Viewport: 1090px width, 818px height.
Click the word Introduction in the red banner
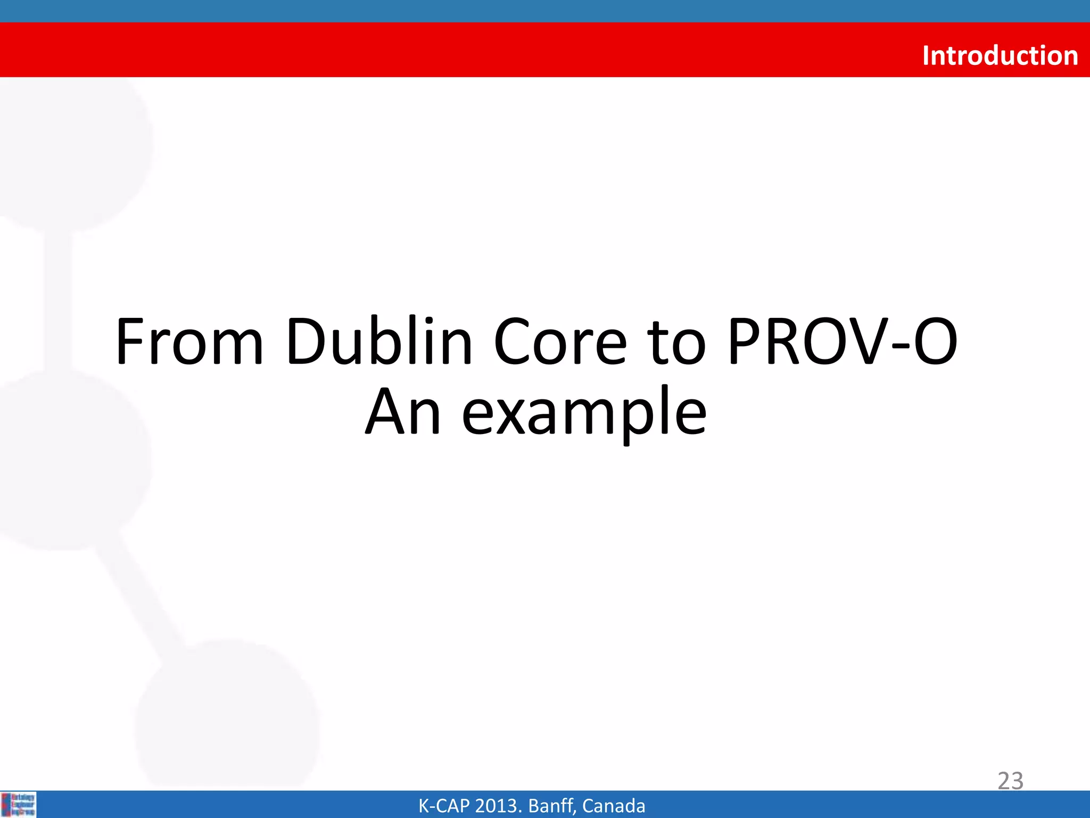click(x=1000, y=55)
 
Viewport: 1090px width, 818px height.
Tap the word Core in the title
click(x=560, y=342)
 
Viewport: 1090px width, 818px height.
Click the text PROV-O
click(x=842, y=342)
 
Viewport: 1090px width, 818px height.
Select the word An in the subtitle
click(x=403, y=411)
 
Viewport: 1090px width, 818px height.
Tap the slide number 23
click(x=1010, y=781)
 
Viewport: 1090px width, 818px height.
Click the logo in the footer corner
click(x=19, y=804)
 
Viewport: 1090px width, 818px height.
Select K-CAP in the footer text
click(x=444, y=806)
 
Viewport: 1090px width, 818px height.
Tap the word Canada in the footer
click(x=613, y=806)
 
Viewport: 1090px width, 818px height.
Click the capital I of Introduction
click(x=927, y=55)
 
